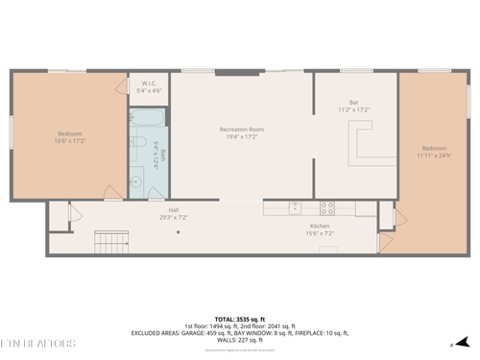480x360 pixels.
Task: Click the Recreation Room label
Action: coord(241,129)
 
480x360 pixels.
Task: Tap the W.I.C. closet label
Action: coord(150,83)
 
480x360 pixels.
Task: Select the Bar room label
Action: coord(353,102)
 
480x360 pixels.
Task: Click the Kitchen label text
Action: coord(320,225)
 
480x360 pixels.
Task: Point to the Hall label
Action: coord(174,209)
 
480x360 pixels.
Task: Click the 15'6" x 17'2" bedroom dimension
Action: coord(69,140)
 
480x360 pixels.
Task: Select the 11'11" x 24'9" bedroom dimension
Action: coord(432,155)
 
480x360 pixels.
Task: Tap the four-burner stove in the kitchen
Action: coord(326,206)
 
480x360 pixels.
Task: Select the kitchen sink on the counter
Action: coord(297,206)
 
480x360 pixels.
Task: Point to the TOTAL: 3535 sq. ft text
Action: coord(240,318)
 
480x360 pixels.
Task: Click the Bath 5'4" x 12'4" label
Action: coord(163,154)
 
